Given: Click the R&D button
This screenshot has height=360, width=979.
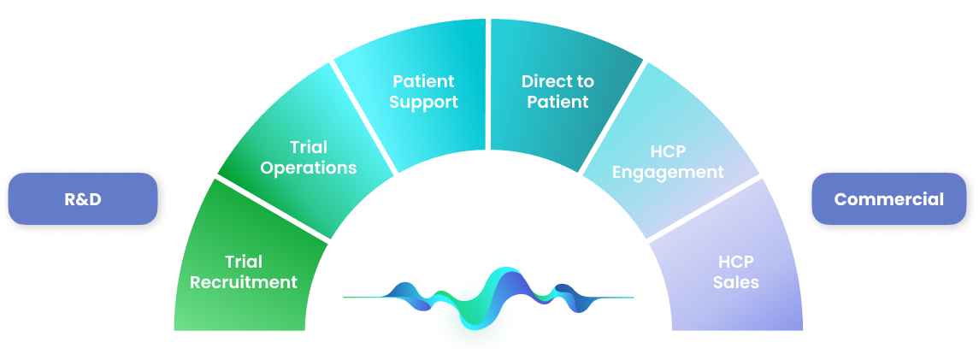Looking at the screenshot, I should pyautogui.click(x=83, y=199).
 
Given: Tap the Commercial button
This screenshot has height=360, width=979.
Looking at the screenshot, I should pyautogui.click(x=888, y=199).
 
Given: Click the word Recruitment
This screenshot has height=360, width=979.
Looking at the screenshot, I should pyautogui.click(x=244, y=282).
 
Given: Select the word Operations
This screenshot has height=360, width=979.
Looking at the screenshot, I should pyautogui.click(x=309, y=168).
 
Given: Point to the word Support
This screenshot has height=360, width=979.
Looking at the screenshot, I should pyautogui.click(x=423, y=102).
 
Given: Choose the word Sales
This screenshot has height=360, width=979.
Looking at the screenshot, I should pyautogui.click(x=736, y=282).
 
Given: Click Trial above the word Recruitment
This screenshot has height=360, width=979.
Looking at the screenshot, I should pyautogui.click(x=244, y=262).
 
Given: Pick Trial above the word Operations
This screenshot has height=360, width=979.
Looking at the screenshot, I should pyautogui.click(x=309, y=147).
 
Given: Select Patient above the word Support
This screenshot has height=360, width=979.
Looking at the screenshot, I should pyautogui.click(x=423, y=81).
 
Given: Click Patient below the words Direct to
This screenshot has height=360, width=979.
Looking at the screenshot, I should pyautogui.click(x=557, y=102).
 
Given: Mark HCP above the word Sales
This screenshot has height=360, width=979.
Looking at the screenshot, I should pyautogui.click(x=736, y=262).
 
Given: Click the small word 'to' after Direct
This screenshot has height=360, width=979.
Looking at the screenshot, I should pyautogui.click(x=585, y=81).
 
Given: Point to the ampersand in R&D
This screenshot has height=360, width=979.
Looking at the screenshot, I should pyautogui.click(x=83, y=199).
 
